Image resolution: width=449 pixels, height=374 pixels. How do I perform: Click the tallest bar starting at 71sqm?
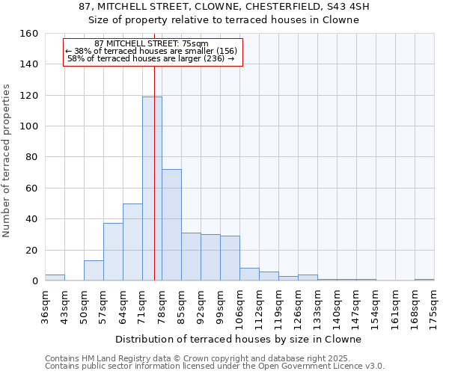pyautogui.click(x=152, y=188)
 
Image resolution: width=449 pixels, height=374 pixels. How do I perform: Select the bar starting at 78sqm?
pyautogui.click(x=171, y=224)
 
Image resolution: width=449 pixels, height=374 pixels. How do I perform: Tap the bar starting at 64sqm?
pyautogui.click(x=132, y=242)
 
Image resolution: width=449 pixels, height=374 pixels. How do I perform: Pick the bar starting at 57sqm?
pyautogui.click(x=113, y=252)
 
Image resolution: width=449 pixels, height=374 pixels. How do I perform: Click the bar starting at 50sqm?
pyautogui.click(x=94, y=271)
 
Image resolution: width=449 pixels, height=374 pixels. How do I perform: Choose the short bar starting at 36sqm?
pyautogui.click(x=55, y=278)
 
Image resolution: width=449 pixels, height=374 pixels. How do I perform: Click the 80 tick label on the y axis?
pyautogui.click(x=31, y=157)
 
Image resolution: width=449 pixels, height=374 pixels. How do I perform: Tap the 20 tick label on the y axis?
pyautogui.click(x=31, y=250)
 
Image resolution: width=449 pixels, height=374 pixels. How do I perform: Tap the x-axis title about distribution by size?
pyautogui.click(x=239, y=339)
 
